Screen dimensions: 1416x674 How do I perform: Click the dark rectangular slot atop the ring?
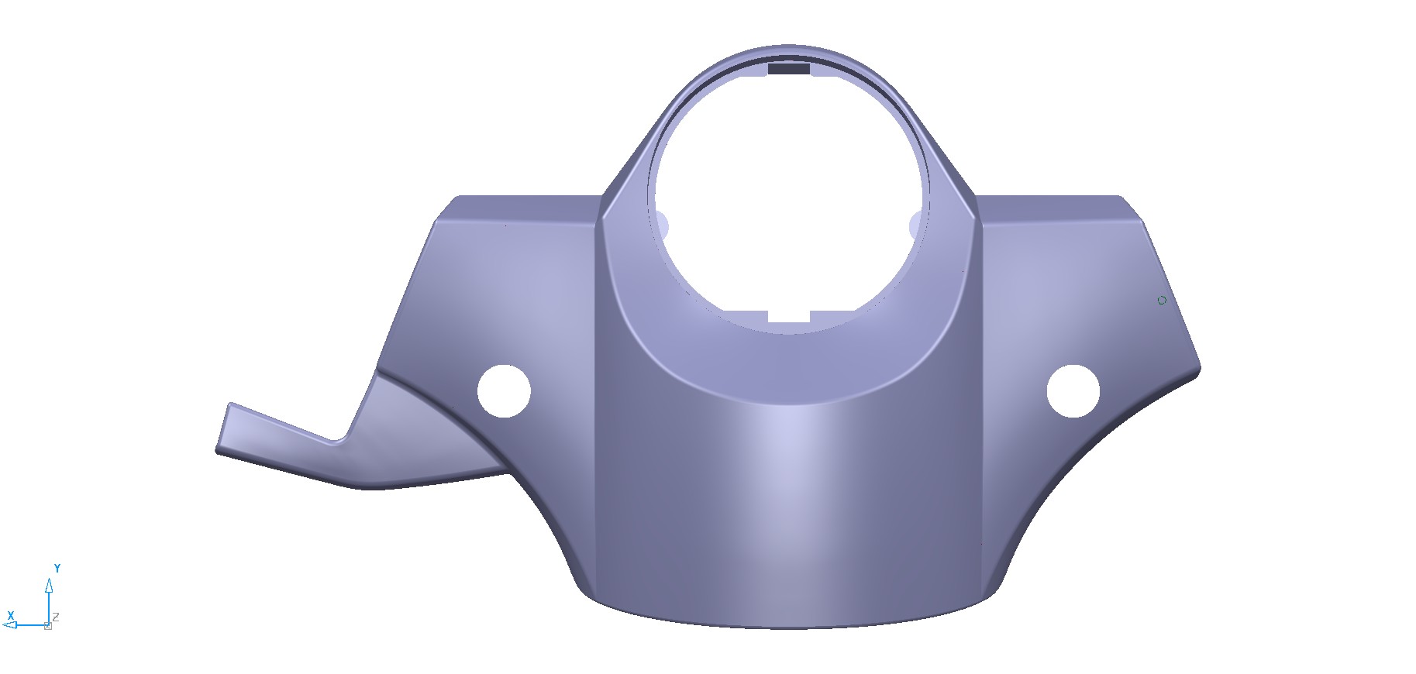click(789, 69)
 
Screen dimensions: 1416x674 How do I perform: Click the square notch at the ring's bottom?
click(789, 317)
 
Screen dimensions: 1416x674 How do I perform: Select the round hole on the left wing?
click(504, 391)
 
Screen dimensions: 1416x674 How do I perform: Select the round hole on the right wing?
click(1073, 391)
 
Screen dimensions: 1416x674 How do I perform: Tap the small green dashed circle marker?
click(1162, 301)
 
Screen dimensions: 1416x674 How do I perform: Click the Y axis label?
click(57, 569)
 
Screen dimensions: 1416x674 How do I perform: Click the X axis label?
click(11, 616)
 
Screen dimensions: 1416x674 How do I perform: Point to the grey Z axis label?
click(56, 617)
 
